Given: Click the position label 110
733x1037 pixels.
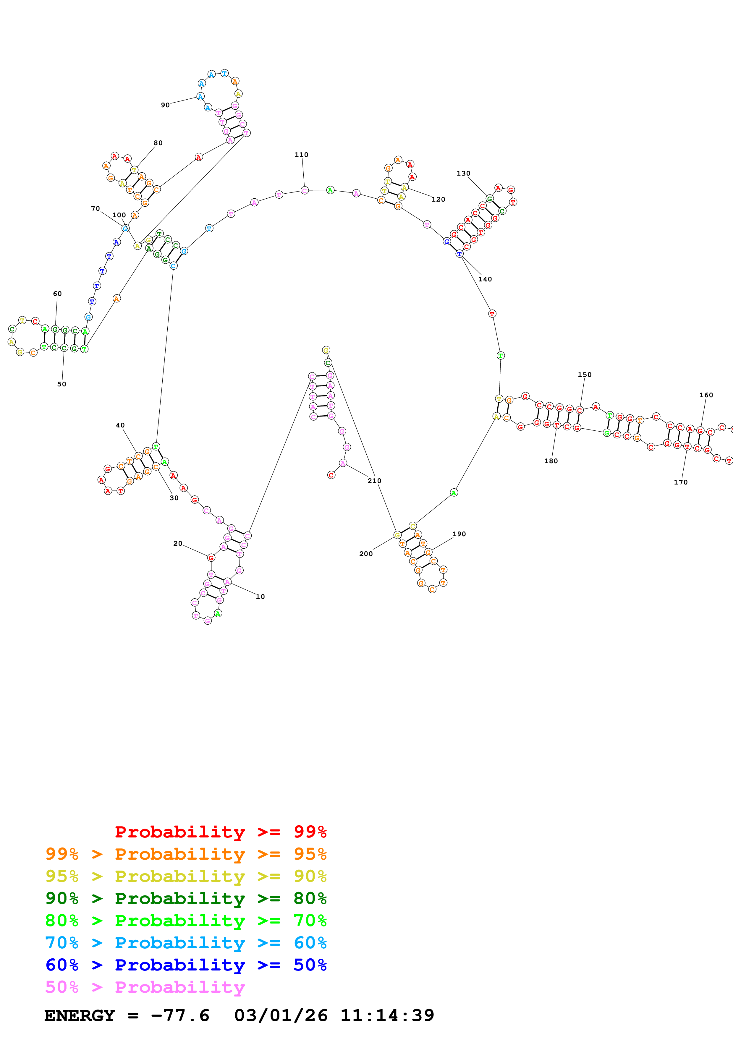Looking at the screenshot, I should pos(301,155).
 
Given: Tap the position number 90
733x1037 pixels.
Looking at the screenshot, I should pos(165,105).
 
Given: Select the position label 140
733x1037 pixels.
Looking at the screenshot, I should pos(485,279).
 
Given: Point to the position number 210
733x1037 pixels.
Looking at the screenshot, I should pos(374,481).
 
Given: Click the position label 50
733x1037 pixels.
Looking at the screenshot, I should pos(62,384).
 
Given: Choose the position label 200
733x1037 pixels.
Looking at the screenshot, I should pos(366,554).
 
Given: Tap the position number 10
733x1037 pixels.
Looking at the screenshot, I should pos(260,597).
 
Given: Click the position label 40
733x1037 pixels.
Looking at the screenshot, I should pos(120,425).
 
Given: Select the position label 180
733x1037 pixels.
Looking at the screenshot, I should pos(551,461).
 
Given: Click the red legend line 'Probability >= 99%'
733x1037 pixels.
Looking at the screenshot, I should pos(220,832).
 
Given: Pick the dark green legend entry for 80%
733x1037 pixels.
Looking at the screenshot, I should pos(186,898).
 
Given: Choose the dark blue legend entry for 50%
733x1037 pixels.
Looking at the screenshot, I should pos(186,965).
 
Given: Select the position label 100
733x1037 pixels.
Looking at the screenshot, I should pos(119,215).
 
